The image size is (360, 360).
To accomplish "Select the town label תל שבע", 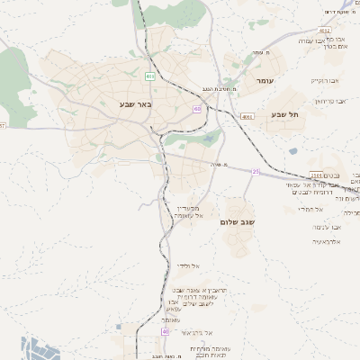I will click(x=283, y=114).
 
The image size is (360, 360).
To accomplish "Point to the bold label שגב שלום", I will click(x=238, y=220).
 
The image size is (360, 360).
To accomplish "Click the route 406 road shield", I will click(x=150, y=76).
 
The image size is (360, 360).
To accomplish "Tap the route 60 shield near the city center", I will click(x=196, y=109).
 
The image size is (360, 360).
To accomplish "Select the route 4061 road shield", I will click(x=247, y=116).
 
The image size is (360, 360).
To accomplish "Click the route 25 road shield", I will click(x=256, y=171).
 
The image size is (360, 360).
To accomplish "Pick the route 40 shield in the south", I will click(x=165, y=331).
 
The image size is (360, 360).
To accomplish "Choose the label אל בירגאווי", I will click(x=193, y=332).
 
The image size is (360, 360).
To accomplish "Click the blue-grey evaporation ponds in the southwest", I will click(x=40, y=349).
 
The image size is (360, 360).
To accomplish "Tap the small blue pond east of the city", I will click(x=292, y=151).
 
